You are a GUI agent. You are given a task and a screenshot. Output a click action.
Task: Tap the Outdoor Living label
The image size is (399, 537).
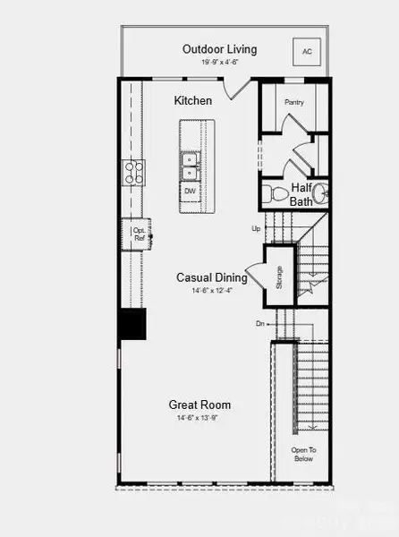tap(219, 49)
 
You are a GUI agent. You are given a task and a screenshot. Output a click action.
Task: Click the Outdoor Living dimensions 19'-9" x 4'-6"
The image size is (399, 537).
tap(219, 63)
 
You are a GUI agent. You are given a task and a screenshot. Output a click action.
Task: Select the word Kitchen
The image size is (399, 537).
tap(192, 102)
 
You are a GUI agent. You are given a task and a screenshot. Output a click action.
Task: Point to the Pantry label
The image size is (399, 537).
tap(294, 103)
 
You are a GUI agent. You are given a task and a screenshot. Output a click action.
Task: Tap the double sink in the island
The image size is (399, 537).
tap(191, 166)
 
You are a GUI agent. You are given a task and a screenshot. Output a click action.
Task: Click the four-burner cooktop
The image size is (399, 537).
tap(134, 173)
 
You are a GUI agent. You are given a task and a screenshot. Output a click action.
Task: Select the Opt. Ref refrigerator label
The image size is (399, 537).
tap(140, 234)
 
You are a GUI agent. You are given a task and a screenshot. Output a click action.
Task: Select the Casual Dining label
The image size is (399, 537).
tap(212, 277)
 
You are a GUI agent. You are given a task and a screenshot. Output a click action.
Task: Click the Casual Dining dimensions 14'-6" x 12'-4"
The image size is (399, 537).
tap(212, 291)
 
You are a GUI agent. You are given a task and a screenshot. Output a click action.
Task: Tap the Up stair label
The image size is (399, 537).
tap(256, 230)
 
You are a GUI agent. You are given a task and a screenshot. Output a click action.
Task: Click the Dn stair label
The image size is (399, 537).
tap(259, 323)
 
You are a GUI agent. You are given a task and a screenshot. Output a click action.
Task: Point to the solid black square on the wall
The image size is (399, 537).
tap(133, 324)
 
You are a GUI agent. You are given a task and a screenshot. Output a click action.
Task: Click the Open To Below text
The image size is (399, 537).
tap(303, 454)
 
